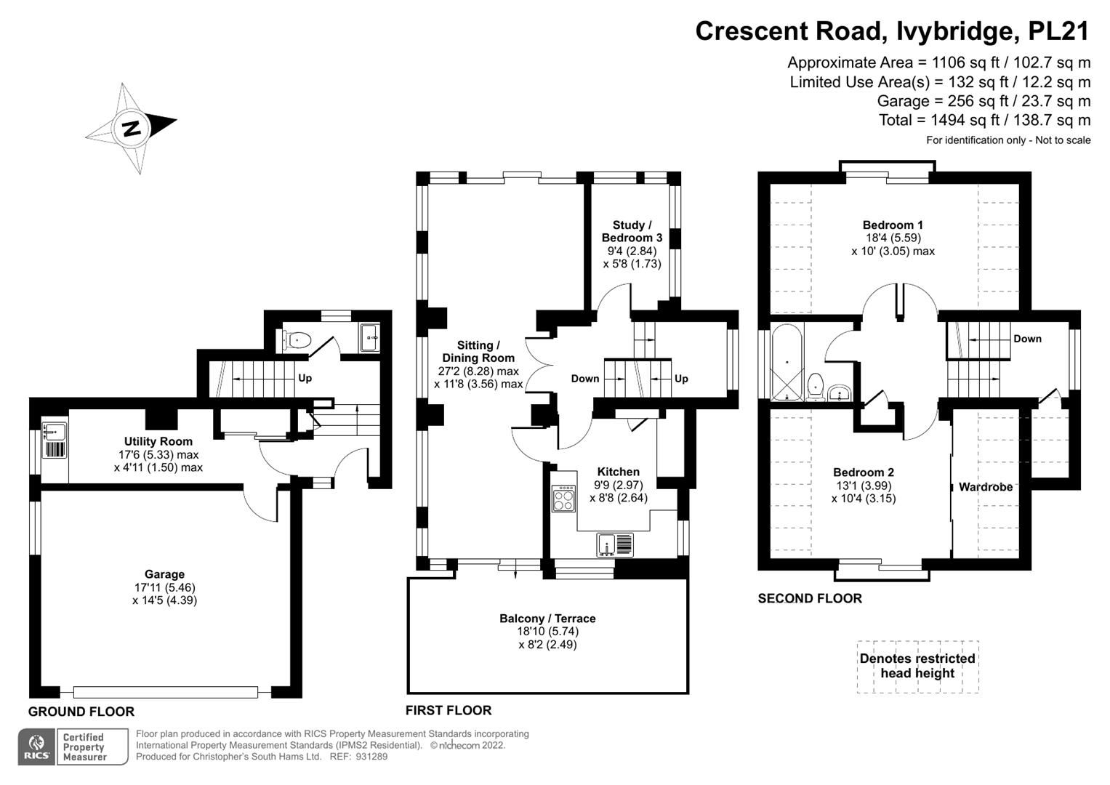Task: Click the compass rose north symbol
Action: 131,129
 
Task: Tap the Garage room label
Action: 164,574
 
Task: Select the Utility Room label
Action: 158,441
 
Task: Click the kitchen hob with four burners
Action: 563,498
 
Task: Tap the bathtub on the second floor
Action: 787,362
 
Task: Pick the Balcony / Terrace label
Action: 547,619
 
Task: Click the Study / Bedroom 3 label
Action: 632,231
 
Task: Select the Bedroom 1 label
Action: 893,225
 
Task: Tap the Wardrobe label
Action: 985,487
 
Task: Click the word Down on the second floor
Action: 1027,339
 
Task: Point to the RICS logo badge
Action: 36,747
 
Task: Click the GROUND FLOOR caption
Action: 81,712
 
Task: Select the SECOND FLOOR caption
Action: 810,598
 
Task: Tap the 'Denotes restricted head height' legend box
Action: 917,666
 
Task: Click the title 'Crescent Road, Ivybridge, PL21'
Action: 893,31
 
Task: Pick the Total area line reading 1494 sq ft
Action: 984,120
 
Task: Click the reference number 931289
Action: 371,757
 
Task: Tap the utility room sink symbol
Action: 54,431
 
